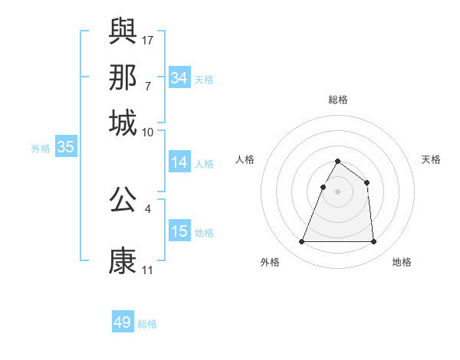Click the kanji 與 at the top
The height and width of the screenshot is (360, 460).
pos(123,31)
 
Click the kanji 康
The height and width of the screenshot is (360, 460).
pos(123,260)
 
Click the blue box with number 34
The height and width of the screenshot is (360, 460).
pos(179,77)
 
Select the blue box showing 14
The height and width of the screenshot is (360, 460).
pos(179,162)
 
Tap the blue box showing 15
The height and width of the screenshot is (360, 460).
pos(179,231)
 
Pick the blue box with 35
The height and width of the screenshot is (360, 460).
pos(65,148)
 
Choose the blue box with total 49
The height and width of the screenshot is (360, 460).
pos(123,322)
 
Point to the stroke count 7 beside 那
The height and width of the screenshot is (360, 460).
pos(148,86)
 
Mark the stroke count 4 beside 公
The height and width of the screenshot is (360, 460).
pos(148,208)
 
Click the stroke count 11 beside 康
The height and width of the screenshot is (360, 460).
pos(148,270)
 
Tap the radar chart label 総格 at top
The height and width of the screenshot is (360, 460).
pos(337,100)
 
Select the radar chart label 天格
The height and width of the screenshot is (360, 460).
pos(431,159)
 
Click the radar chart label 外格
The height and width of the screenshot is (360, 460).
pos(270,263)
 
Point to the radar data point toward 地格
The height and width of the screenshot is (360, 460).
pos(373,242)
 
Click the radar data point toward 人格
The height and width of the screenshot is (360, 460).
pos(324,187)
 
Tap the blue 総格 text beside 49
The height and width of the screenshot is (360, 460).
pos(147,324)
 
